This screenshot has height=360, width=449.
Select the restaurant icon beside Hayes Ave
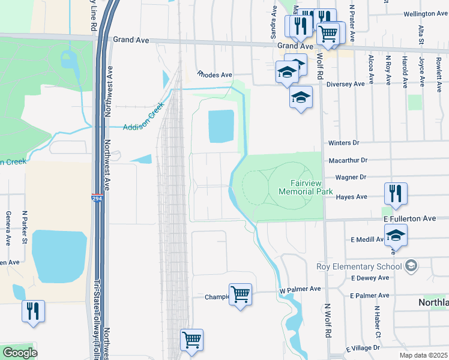click(396, 193)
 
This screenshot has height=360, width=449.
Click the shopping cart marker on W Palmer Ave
click(240, 294)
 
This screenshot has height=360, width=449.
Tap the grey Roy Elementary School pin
click(411, 265)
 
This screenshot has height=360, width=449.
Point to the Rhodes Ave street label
click(214, 75)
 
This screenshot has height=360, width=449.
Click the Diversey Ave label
click(346, 84)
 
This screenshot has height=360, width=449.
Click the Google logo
click(20, 352)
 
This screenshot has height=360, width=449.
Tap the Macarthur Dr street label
click(348, 160)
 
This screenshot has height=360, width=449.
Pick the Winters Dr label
click(343, 143)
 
